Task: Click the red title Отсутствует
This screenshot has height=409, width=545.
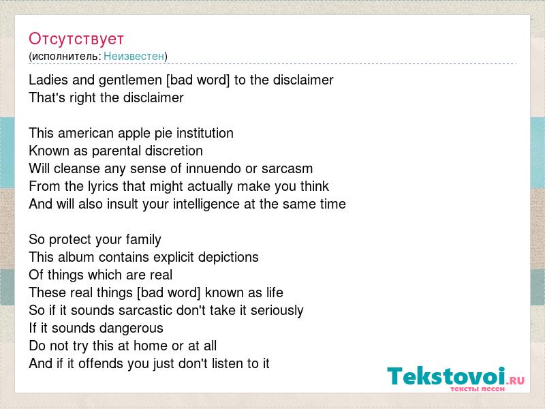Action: pos(76,39)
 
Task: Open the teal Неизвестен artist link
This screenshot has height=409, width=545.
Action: pos(134,57)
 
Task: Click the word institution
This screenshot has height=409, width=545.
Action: pos(205,133)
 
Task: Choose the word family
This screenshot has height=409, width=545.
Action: pos(143,241)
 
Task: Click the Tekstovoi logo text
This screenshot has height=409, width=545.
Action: pos(446,376)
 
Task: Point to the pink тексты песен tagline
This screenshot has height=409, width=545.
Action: pos(478,389)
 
